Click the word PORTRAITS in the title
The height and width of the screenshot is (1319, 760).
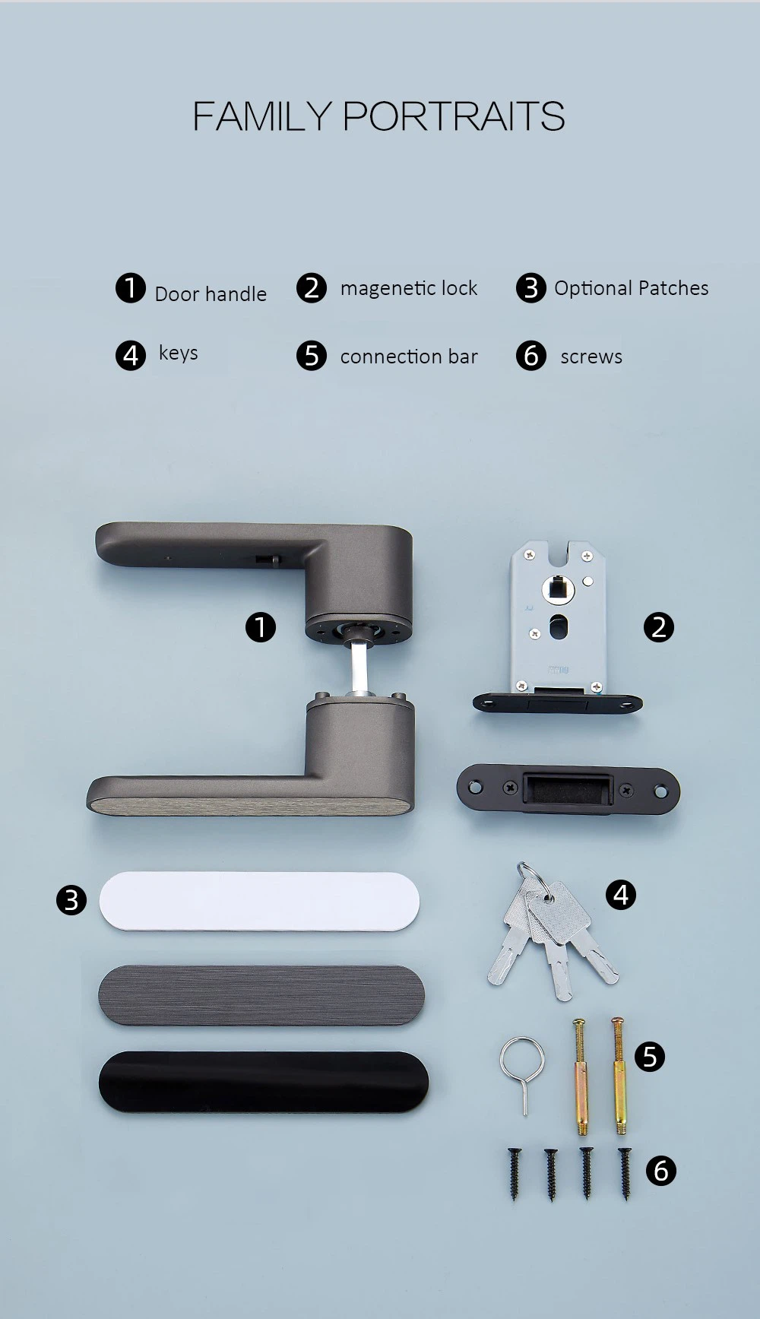pyautogui.click(x=454, y=116)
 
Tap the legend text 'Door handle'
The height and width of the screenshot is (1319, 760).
pyautogui.click(x=211, y=294)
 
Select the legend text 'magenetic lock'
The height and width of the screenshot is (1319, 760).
pyautogui.click(x=409, y=289)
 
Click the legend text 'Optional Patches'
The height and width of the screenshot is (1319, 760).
pyautogui.click(x=632, y=288)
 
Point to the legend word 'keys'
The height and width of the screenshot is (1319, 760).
pyautogui.click(x=179, y=354)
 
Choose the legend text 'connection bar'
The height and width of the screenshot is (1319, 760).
pyautogui.click(x=409, y=357)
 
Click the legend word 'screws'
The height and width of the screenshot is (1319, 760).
pyautogui.click(x=591, y=357)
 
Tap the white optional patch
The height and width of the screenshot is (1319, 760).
pyautogui.click(x=259, y=901)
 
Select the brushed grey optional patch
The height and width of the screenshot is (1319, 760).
pyautogui.click(x=261, y=995)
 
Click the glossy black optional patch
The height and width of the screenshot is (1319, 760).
pyautogui.click(x=264, y=1082)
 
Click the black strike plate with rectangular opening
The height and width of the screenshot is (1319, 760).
pyautogui.click(x=568, y=790)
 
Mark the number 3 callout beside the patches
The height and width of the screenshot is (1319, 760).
pyautogui.click(x=71, y=900)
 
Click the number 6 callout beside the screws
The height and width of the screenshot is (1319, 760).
pyautogui.click(x=660, y=1171)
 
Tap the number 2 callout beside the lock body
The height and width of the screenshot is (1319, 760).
pyautogui.click(x=658, y=627)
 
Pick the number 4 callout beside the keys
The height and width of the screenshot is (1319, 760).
pyautogui.click(x=620, y=895)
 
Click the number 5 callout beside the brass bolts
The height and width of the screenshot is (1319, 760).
pyautogui.click(x=649, y=1057)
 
